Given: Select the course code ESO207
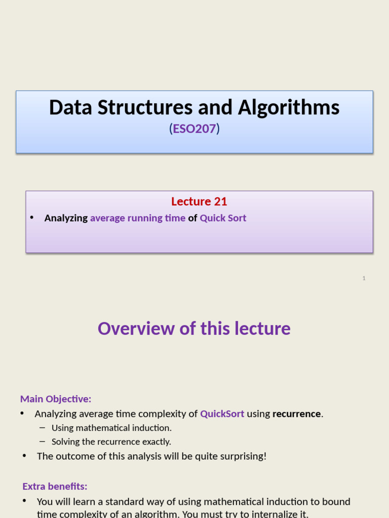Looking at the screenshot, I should point(194,129).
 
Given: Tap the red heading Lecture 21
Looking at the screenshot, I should point(199,201).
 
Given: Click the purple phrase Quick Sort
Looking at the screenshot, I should point(223,218).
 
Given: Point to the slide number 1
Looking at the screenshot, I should point(364,278).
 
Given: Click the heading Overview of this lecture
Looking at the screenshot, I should point(194,328).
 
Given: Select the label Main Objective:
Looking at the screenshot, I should point(56,399).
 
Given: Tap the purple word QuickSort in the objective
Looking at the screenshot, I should point(222,414).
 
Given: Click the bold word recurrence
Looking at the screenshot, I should point(296,414).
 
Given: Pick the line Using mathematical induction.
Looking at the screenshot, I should point(111,428).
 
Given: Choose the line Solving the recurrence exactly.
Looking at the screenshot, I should point(111,442).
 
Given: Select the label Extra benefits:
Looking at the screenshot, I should point(55,486).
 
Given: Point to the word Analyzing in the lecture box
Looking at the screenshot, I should point(66,218).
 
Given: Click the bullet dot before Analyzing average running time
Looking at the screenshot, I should point(31,218).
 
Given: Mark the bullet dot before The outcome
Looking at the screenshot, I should point(24,456).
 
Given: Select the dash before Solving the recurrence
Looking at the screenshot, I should point(42,442).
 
